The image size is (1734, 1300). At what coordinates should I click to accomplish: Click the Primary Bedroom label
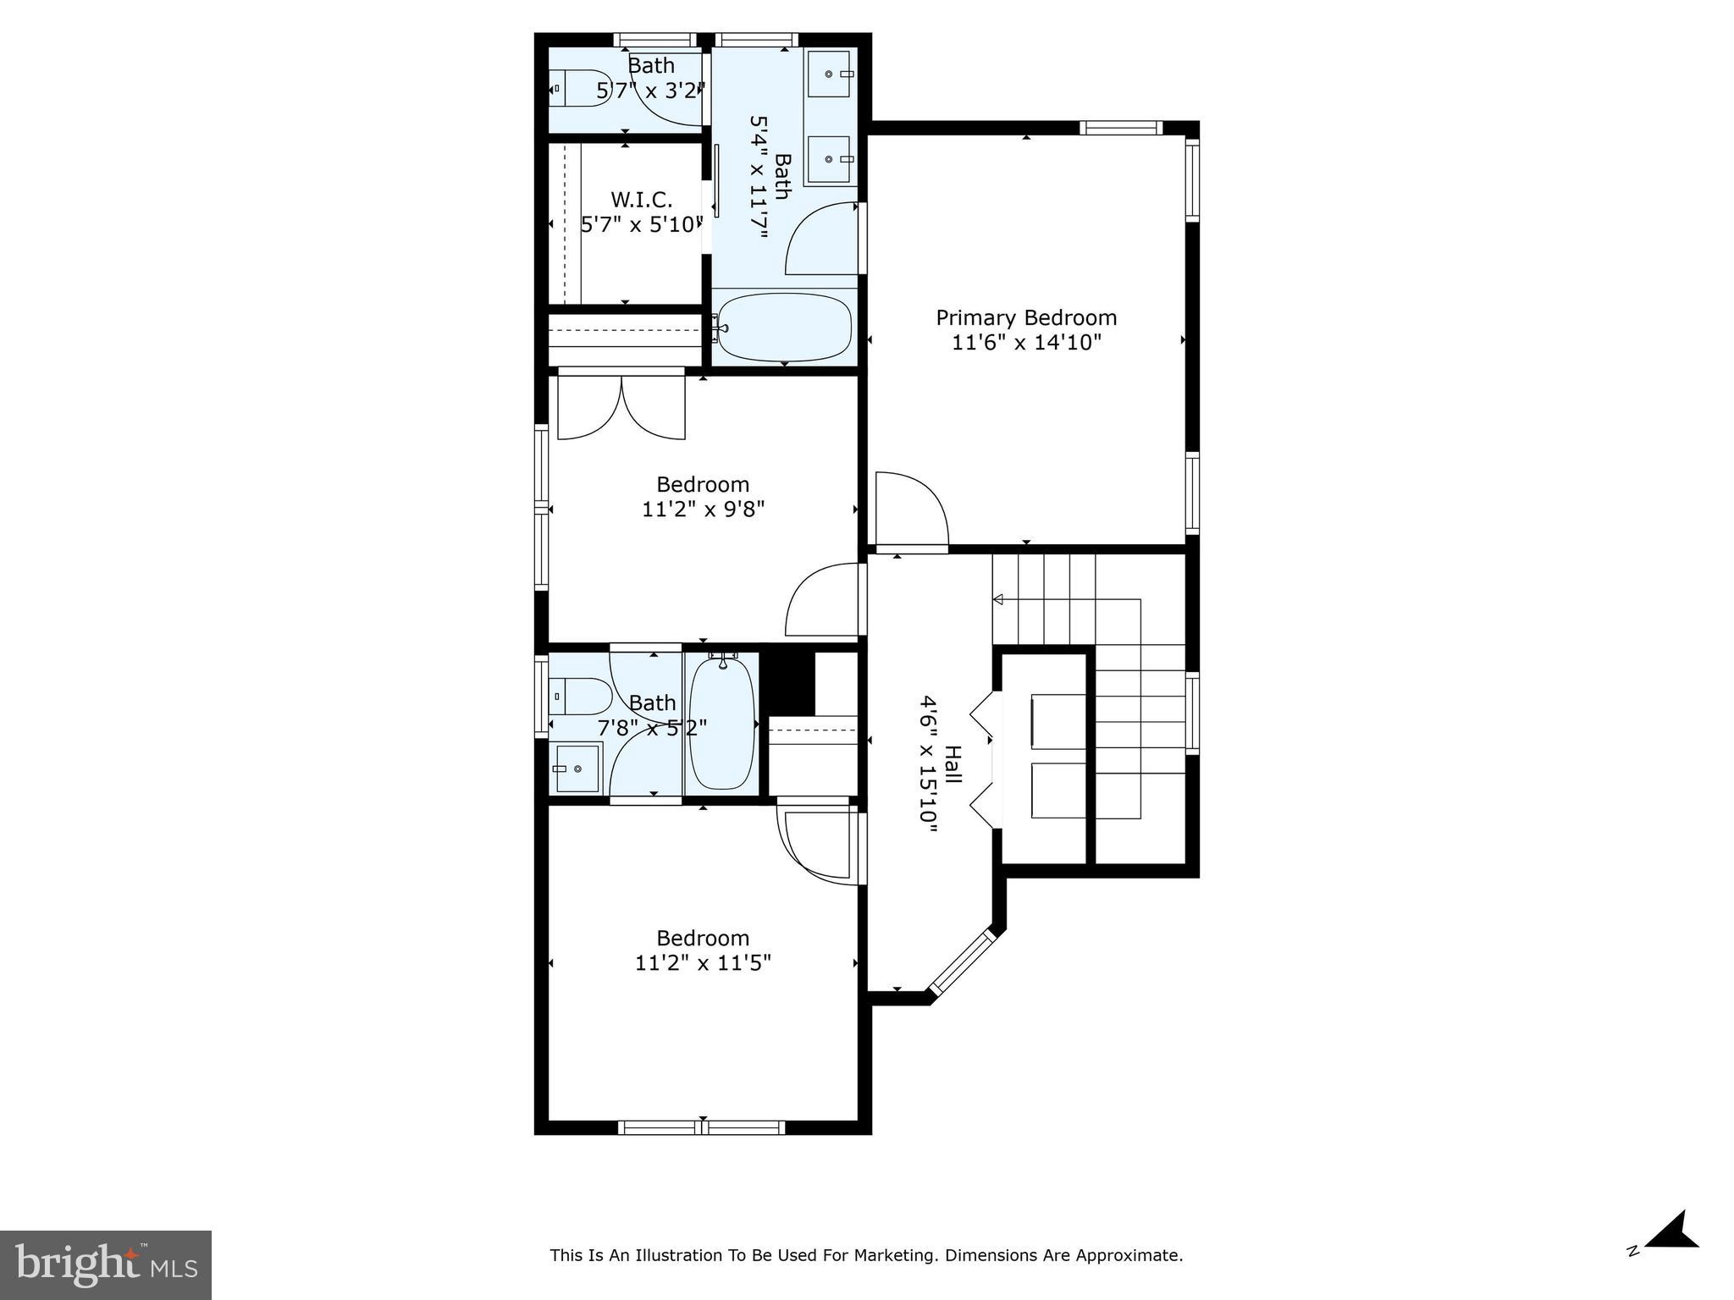pos(1025,318)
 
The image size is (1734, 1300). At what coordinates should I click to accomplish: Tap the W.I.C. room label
pos(641,201)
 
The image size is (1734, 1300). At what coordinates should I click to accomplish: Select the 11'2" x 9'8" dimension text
pos(703,510)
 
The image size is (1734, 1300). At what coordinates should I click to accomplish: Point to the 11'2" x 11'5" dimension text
pos(703,963)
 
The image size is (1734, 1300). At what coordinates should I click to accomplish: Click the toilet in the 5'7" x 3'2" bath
pos(581,88)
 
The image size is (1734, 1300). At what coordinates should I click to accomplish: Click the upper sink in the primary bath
pos(829,74)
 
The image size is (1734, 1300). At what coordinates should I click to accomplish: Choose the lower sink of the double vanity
pos(829,158)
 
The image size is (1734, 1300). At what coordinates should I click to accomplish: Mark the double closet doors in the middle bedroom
pos(621,408)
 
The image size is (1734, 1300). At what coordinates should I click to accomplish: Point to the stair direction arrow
pos(998,599)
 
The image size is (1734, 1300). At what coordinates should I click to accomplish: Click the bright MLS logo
pos(105,1264)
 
